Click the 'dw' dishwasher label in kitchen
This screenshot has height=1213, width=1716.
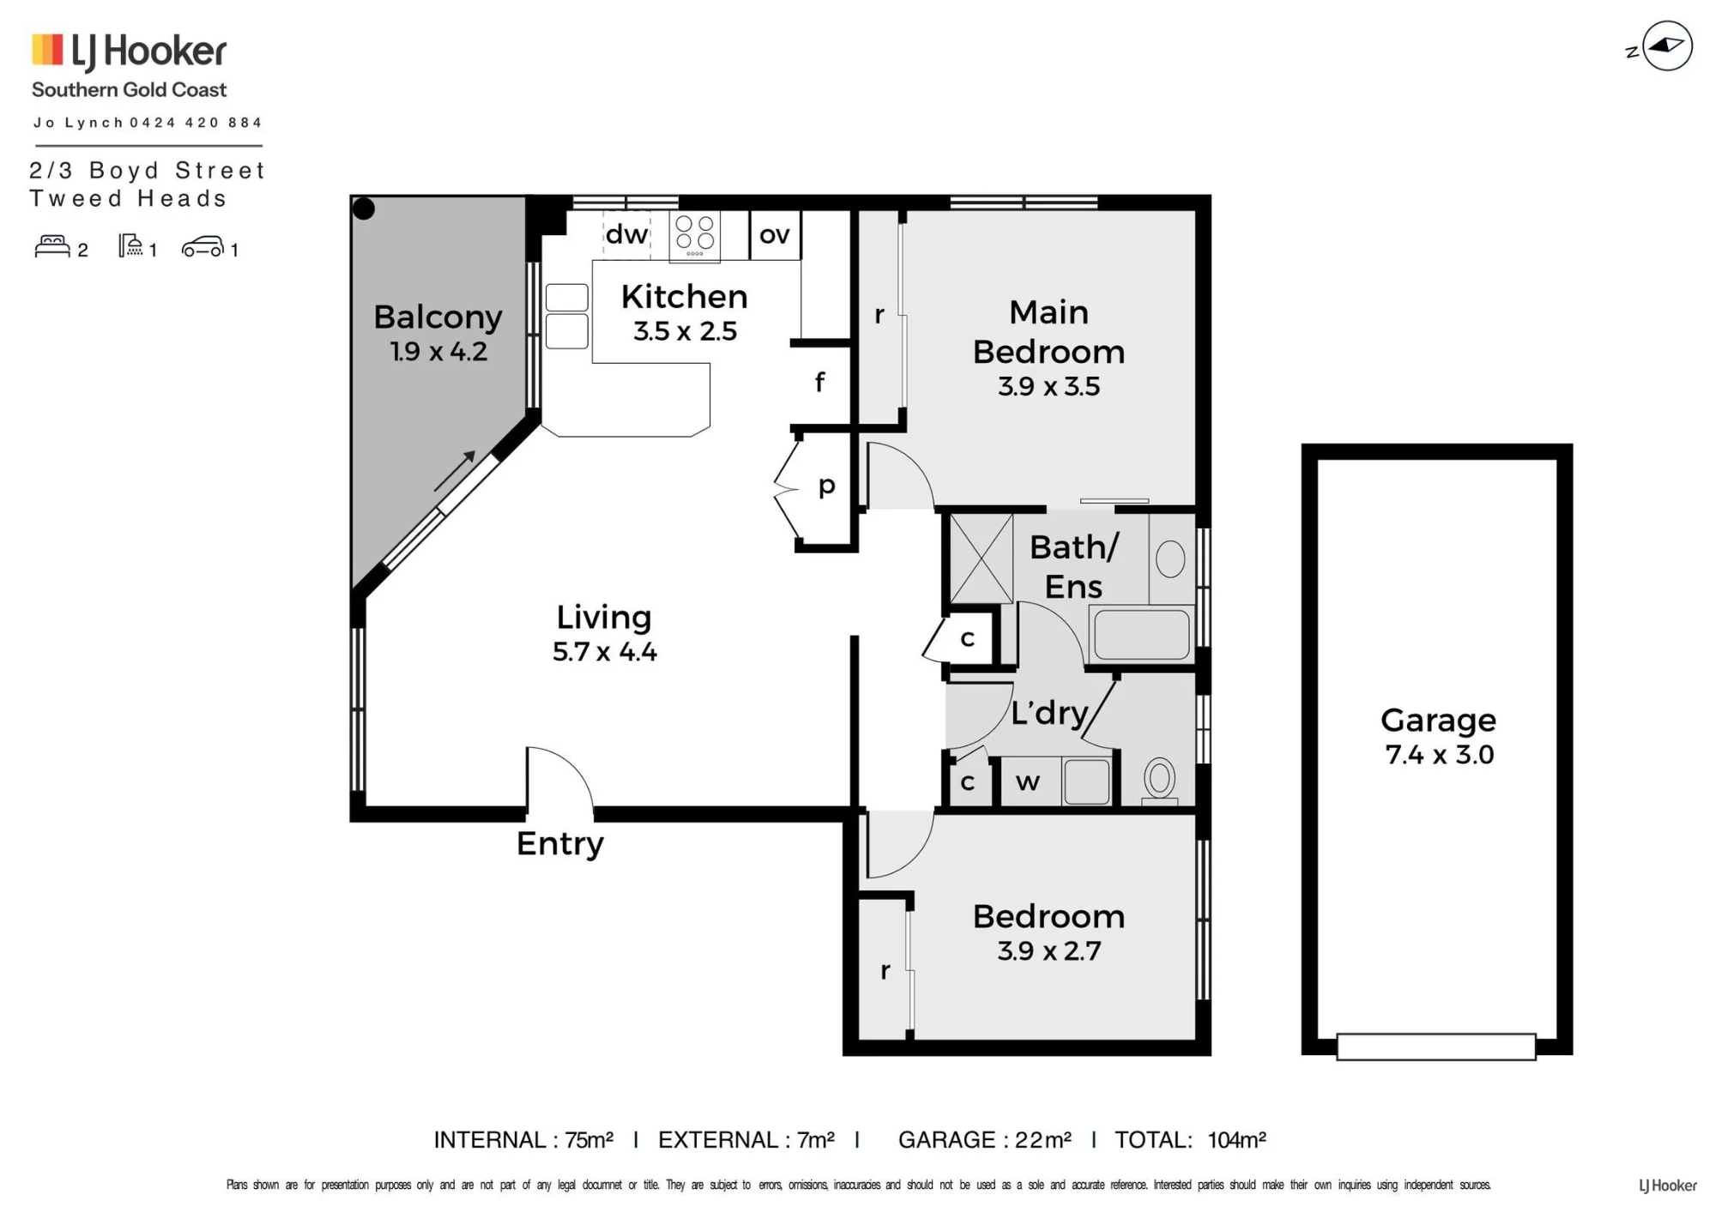coord(626,234)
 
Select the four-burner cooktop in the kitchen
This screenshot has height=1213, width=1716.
coord(695,235)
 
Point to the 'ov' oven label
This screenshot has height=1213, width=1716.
coord(775,235)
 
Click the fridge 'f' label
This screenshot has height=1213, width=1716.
coord(820,381)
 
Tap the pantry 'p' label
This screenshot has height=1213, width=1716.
coord(826,486)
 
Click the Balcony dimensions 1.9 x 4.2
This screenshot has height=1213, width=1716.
coord(438,351)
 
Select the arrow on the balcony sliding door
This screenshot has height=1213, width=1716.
coord(455,471)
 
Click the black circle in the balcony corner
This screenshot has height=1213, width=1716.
coord(364,208)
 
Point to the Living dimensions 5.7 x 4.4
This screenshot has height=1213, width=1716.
coord(605,651)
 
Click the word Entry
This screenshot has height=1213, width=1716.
coord(560,844)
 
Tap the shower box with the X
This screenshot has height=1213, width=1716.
coord(982,558)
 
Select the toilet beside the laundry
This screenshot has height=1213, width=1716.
coord(1160,780)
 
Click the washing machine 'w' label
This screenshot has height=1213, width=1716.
coord(1027,782)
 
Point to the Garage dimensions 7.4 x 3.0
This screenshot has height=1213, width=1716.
coord(1440,754)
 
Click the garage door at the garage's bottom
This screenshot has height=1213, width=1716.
coord(1436,1047)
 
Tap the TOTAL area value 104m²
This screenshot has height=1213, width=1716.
coord(1237,1140)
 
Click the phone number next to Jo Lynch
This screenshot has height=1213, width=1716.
coord(196,123)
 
